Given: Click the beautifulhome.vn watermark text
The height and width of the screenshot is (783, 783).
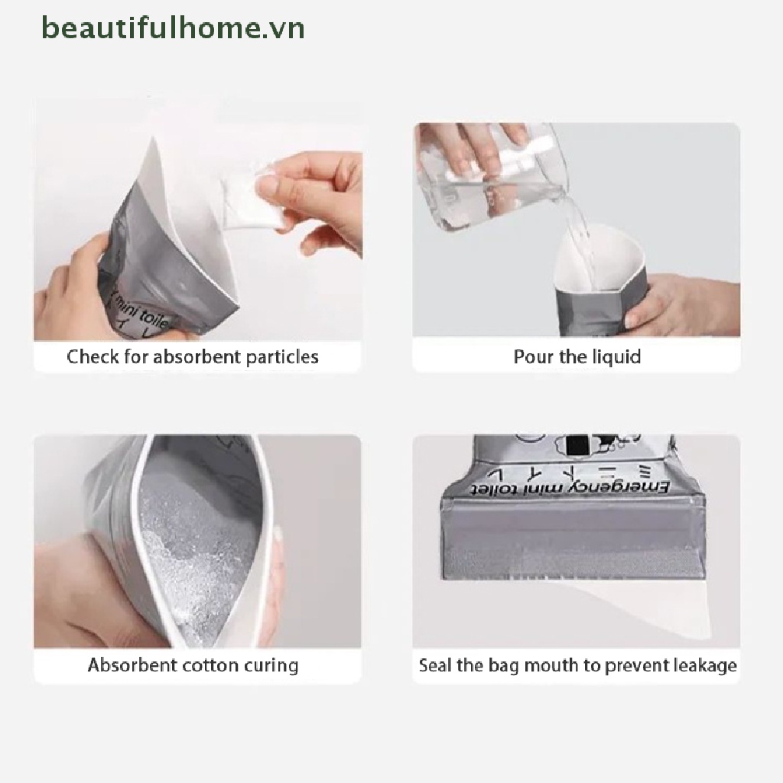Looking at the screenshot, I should [x=174, y=28].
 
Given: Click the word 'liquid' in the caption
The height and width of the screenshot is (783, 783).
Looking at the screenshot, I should [x=616, y=357].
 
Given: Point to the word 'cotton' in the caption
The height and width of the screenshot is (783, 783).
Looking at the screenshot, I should [x=212, y=664].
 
